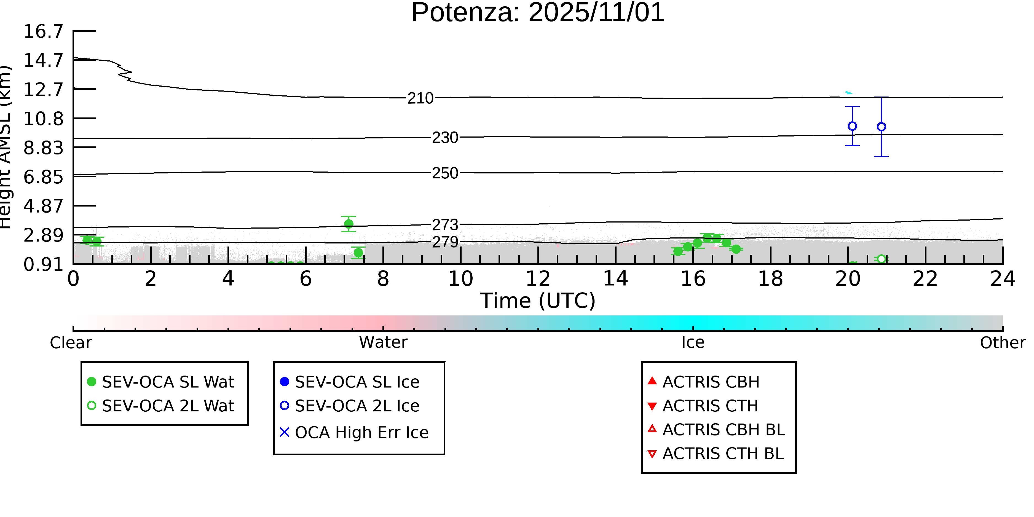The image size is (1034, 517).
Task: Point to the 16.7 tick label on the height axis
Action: click(43, 31)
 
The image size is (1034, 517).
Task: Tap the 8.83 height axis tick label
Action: click(43, 148)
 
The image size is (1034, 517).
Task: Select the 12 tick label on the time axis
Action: click(538, 278)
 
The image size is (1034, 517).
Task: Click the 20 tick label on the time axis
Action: click(848, 278)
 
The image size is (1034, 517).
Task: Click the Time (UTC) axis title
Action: click(538, 301)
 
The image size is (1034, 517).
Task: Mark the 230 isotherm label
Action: click(445, 138)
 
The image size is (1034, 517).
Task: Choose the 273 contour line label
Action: click(445, 225)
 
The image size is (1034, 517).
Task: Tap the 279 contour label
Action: click(445, 242)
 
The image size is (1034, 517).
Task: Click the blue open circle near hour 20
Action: click(852, 126)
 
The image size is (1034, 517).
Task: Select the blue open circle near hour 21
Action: click(882, 127)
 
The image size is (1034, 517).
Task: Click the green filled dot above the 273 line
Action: click(349, 224)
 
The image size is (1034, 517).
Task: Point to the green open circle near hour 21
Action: click(882, 259)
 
